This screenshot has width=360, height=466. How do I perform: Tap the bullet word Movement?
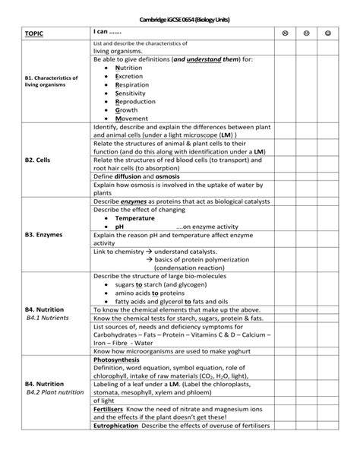(x=131, y=119)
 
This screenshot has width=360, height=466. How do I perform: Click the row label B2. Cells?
(x=38, y=160)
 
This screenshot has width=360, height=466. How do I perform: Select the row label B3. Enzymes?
(x=43, y=235)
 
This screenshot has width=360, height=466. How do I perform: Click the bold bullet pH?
(x=119, y=226)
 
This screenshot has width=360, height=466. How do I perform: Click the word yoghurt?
(x=251, y=351)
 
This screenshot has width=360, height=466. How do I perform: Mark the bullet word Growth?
(x=127, y=110)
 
